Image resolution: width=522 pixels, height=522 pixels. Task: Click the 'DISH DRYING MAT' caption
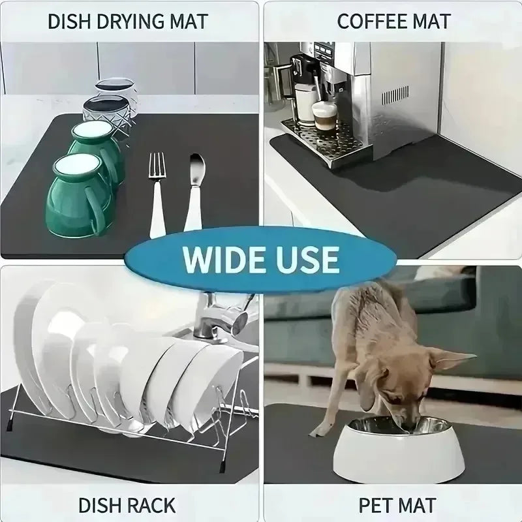pyautogui.click(x=127, y=21)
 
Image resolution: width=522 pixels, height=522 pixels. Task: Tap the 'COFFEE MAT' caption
pyautogui.click(x=393, y=21)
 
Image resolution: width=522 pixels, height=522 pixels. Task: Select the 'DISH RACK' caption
pyautogui.click(x=127, y=504)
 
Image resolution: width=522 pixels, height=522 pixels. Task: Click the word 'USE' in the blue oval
pyautogui.click(x=307, y=259)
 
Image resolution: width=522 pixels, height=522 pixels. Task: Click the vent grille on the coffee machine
pyautogui.click(x=395, y=95)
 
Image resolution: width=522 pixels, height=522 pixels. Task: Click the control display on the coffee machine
pyautogui.click(x=323, y=50)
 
